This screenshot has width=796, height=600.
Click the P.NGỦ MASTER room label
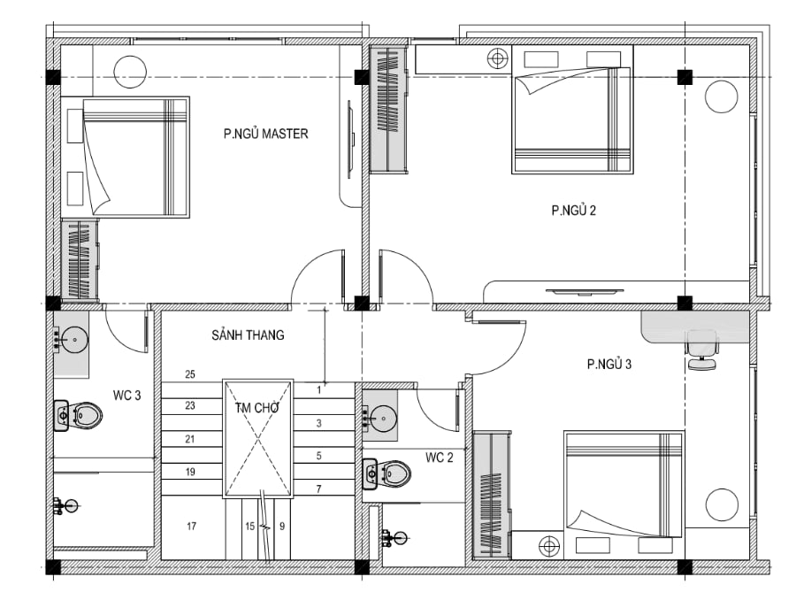(x=265, y=134)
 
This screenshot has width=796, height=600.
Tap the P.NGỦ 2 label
(x=574, y=211)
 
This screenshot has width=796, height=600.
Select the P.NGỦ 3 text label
(x=609, y=365)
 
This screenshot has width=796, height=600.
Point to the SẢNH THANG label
(x=248, y=335)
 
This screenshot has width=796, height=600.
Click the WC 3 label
(x=126, y=396)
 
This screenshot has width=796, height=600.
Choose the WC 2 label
(x=439, y=458)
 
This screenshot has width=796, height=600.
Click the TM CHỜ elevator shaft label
(x=257, y=407)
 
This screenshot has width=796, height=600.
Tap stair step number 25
(x=190, y=374)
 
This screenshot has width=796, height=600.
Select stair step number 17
(x=191, y=527)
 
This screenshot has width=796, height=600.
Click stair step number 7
(x=318, y=489)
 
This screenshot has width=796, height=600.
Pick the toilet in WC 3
(x=78, y=416)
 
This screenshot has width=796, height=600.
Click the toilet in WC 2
(x=387, y=474)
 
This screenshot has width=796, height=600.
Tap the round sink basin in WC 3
(x=76, y=338)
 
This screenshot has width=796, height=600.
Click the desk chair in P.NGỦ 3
(x=702, y=350)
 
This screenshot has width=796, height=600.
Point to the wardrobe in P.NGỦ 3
(x=492, y=496)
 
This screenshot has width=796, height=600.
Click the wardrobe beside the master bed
(x=80, y=259)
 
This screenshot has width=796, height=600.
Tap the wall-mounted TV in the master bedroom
(x=349, y=139)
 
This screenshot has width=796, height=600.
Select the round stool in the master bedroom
(x=130, y=72)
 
